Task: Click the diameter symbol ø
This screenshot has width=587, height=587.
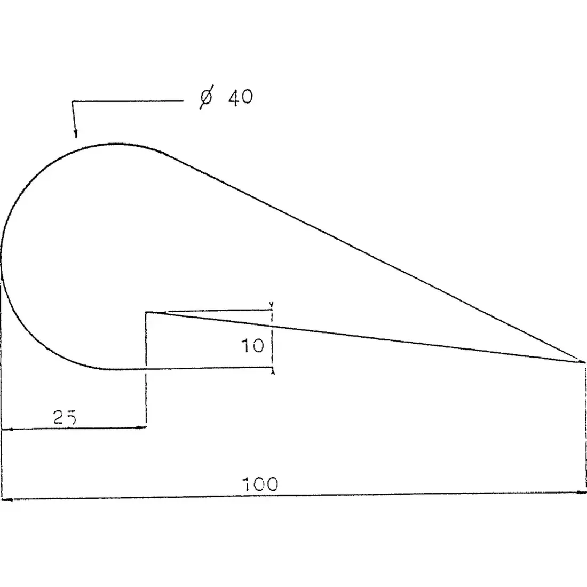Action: coord(207,97)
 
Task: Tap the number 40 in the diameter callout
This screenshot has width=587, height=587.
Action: coord(241,97)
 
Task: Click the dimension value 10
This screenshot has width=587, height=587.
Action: coord(252,346)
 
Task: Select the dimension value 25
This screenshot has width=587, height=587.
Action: coord(65,417)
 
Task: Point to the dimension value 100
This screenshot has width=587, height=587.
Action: coord(261,484)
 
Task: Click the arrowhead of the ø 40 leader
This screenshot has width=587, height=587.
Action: coord(76,134)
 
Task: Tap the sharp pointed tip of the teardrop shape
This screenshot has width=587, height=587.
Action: coord(584,362)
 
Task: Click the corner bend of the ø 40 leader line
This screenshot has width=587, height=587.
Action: coord(73,101)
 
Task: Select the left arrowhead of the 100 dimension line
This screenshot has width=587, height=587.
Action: coord(6,499)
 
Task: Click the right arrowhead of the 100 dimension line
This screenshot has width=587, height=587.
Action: coord(581,493)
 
